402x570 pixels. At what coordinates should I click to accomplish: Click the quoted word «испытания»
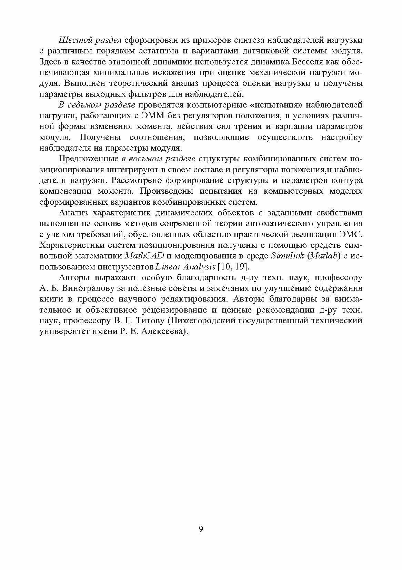(275, 105)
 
